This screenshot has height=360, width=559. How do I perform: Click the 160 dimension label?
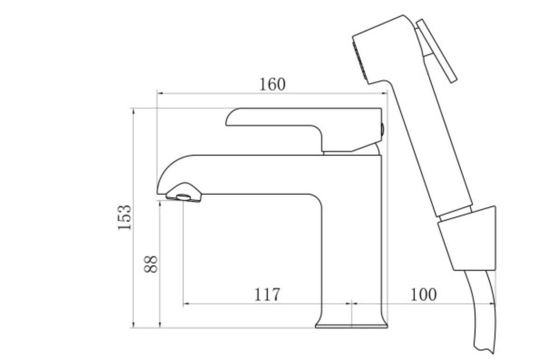(x=272, y=85)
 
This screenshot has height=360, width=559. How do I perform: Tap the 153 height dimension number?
(x=125, y=217)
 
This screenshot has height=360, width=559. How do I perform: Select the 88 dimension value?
(x=151, y=264)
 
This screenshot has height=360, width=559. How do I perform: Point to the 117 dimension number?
(x=267, y=295)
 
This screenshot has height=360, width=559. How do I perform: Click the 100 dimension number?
(x=423, y=295)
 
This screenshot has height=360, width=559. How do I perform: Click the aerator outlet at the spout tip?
(x=184, y=196)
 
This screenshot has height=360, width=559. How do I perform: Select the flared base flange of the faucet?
(x=351, y=324)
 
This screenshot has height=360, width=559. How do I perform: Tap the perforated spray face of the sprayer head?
(x=360, y=61)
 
